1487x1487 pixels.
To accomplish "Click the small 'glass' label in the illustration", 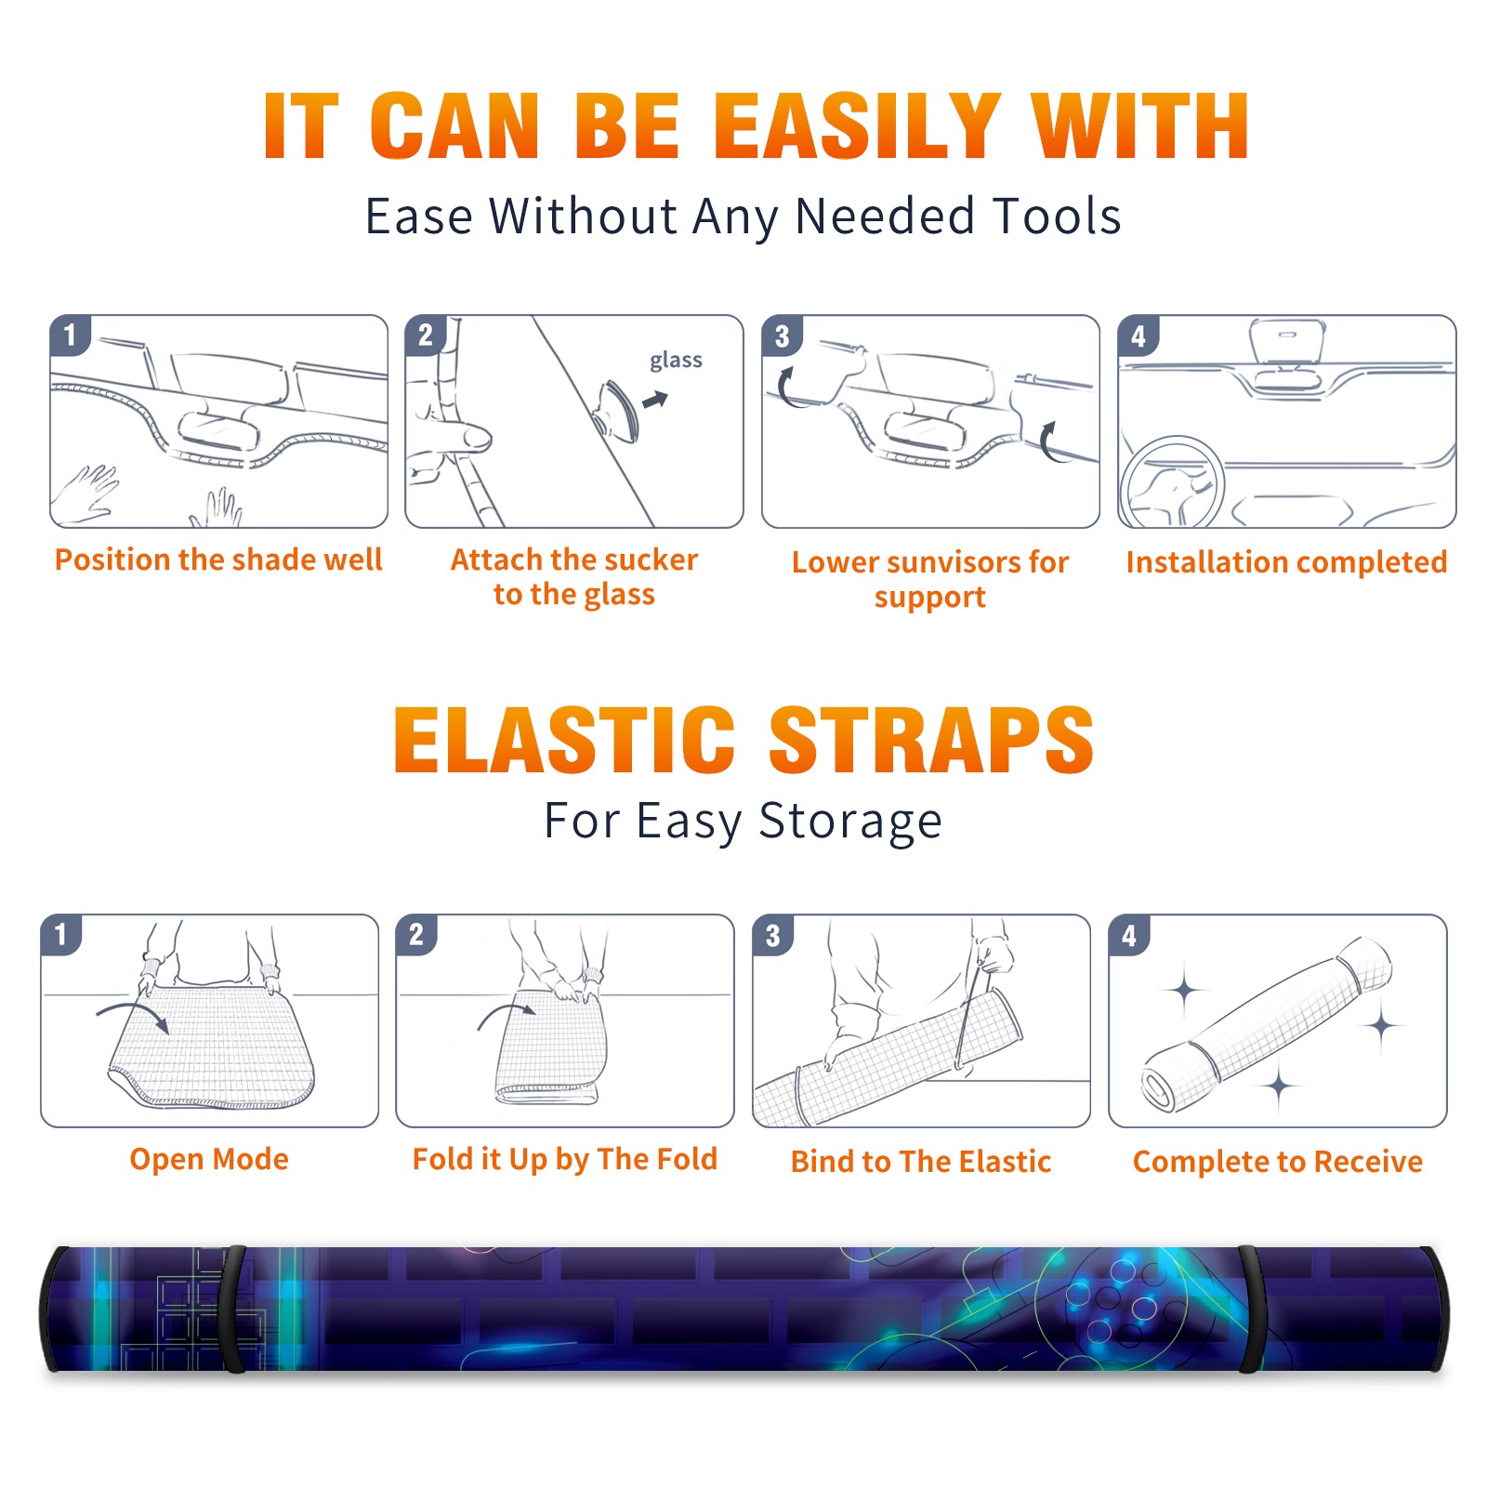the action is point(676,361).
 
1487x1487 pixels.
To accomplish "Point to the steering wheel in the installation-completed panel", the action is point(1173,482).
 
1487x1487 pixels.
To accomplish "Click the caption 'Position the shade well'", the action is point(218,559).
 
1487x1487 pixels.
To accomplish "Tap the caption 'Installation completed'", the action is point(1286,562).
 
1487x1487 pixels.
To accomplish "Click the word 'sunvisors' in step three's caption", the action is point(941,562).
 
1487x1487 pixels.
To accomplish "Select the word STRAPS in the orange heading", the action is point(932,740).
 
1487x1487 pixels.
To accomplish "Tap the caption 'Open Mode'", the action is point(209,1159).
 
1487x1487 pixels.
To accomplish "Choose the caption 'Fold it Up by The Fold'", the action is point(565,1159).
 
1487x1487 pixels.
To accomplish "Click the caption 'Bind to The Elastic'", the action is point(921,1162).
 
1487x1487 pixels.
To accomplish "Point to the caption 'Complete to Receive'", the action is point(1278,1162).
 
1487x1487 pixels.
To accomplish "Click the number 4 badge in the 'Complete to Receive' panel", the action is point(1129,935).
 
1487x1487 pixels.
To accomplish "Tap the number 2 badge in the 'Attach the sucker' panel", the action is point(426,335).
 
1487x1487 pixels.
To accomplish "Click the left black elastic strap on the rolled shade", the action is point(233,1309).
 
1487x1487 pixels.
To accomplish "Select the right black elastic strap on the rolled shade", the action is point(1251,1309).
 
